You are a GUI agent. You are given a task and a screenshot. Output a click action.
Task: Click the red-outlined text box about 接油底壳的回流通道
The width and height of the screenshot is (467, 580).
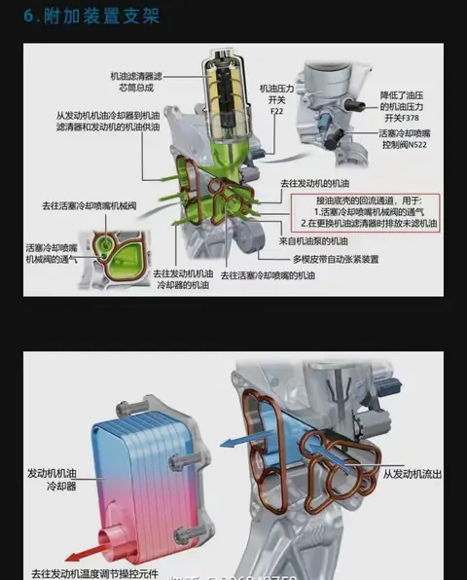pos(369,210)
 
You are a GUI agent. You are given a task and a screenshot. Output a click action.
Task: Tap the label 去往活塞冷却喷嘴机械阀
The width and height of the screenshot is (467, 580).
pos(84,206)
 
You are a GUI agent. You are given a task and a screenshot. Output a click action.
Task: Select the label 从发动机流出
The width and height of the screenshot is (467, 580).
pos(413,473)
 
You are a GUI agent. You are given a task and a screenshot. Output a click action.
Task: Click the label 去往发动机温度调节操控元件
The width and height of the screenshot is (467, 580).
pos(93,573)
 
